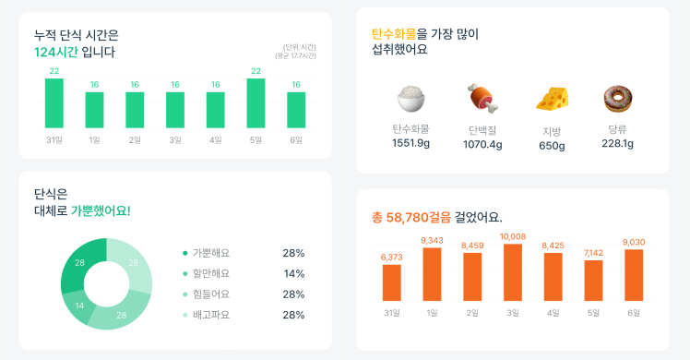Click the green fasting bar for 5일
(256, 102)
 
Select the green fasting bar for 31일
(54, 102)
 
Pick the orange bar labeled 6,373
(392, 282)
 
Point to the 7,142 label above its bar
(593, 252)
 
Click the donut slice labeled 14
(79, 306)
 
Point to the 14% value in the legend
(293, 274)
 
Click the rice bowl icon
(410, 98)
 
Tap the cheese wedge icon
(553, 98)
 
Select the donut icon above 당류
(617, 98)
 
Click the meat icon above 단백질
(482, 97)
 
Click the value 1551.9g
(410, 143)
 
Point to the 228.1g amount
(617, 143)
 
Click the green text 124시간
(54, 52)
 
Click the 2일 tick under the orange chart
(472, 313)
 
